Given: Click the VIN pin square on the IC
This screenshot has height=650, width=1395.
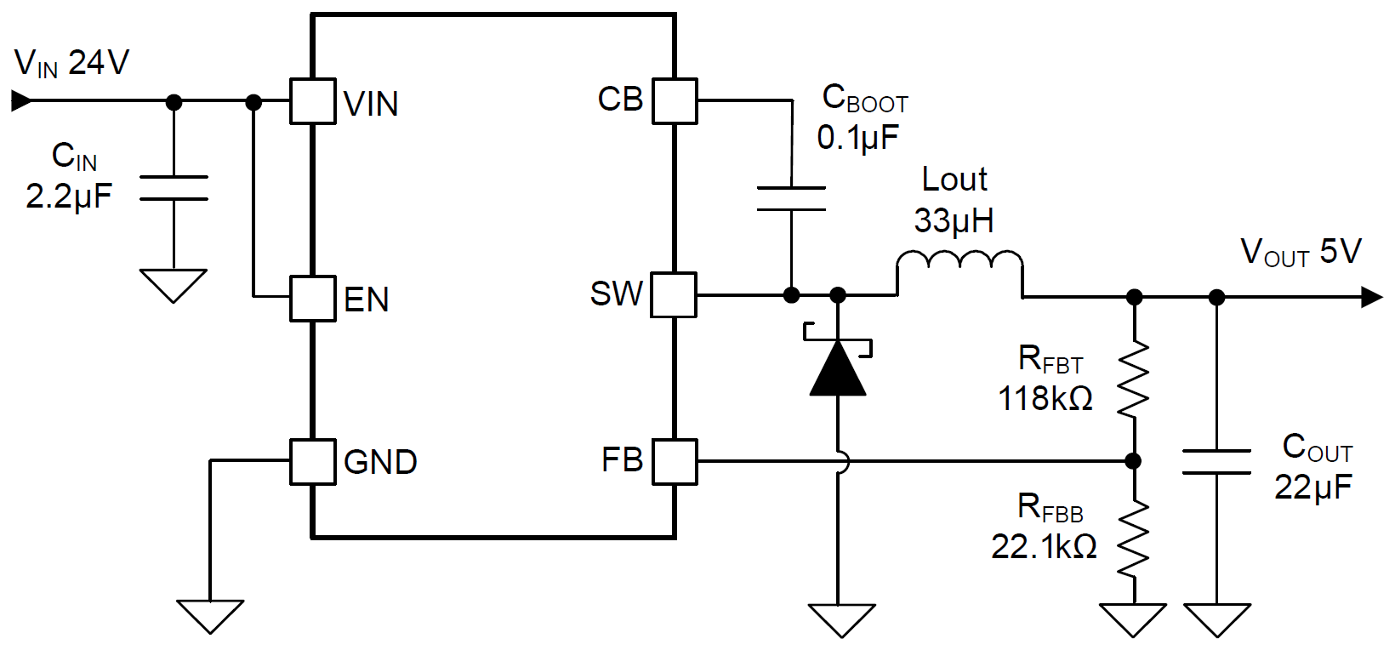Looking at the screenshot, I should tap(312, 102).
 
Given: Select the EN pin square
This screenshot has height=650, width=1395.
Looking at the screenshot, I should tap(312, 298).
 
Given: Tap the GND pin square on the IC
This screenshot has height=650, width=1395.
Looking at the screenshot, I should tap(312, 461).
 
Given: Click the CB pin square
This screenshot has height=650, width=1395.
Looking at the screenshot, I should tap(675, 102).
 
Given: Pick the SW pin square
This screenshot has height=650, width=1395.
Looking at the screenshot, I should tap(675, 295).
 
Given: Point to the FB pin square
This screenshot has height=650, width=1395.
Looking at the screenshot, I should tap(675, 461).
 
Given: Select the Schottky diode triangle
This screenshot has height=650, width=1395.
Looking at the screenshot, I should tap(838, 368).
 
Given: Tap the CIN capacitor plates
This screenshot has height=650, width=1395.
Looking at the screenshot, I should tap(174, 188).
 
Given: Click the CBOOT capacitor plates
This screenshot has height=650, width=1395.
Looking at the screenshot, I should tap(791, 198).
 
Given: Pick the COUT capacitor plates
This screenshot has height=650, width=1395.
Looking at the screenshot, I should tap(1216, 461).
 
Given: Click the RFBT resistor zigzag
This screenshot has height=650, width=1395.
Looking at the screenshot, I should tap(1133, 379).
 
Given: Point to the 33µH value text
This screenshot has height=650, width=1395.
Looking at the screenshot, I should tap(954, 221).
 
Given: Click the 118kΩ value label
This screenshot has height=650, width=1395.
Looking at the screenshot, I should tap(1045, 398).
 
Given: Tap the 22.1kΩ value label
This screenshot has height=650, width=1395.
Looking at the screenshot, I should tap(1044, 546).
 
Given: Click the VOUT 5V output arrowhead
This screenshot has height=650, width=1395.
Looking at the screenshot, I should tap(1371, 297).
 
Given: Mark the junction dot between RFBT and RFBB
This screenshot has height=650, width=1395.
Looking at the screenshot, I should tap(1133, 461).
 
